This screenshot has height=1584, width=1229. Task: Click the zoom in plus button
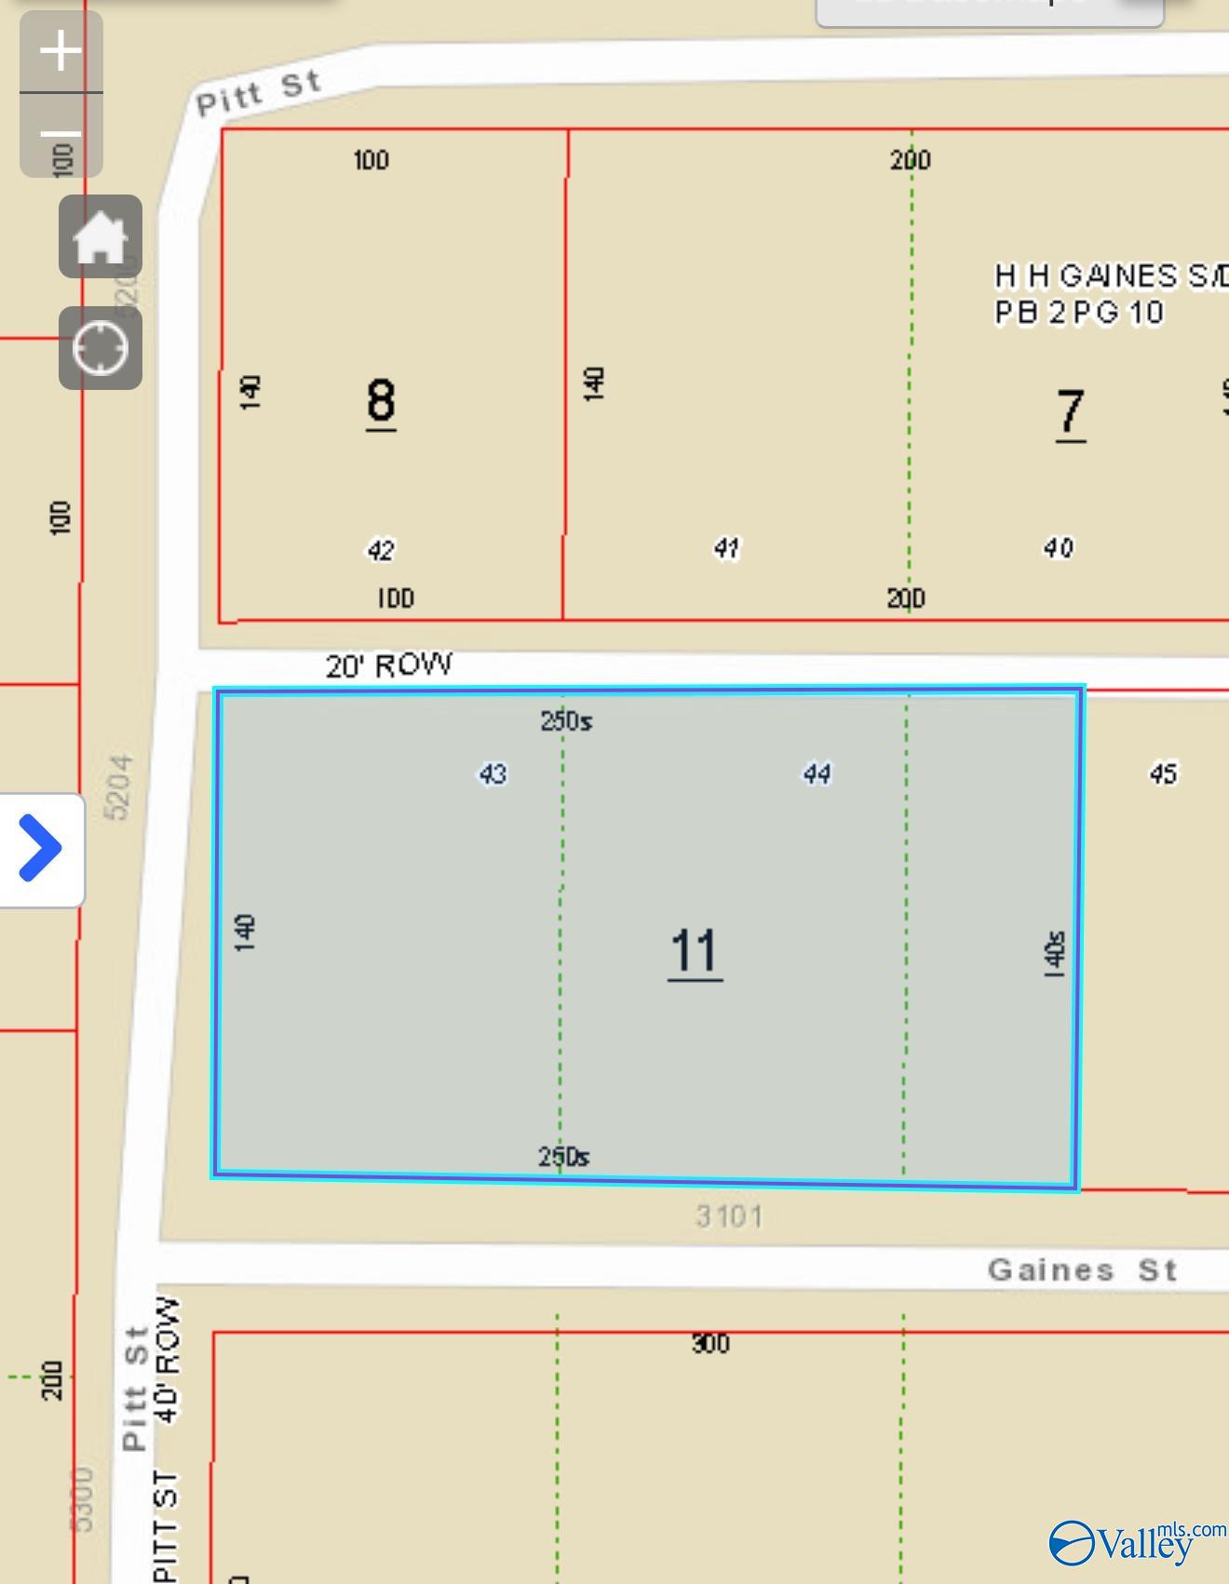[61, 50]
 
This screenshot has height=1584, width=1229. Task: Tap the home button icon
[101, 236]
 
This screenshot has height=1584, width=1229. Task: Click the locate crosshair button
[101, 348]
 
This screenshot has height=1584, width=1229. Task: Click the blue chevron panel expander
[41, 848]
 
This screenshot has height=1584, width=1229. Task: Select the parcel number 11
[695, 951]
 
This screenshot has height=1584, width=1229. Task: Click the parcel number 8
[381, 402]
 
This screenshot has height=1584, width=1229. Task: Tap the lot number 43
[493, 773]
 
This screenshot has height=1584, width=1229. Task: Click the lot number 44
[817, 773]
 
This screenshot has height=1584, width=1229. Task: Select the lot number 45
[1163, 773]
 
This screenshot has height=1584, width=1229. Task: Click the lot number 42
[381, 550]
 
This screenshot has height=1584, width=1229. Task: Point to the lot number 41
[726, 548]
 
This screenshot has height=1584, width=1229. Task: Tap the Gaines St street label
[1083, 1270]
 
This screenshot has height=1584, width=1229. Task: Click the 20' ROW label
[389, 665]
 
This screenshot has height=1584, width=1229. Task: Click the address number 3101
[729, 1216]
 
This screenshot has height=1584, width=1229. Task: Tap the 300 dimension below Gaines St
[710, 1343]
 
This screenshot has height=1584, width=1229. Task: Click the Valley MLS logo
[1136, 1541]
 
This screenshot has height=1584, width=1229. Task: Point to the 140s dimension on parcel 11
[1054, 953]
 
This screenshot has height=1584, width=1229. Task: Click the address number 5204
[119, 787]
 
